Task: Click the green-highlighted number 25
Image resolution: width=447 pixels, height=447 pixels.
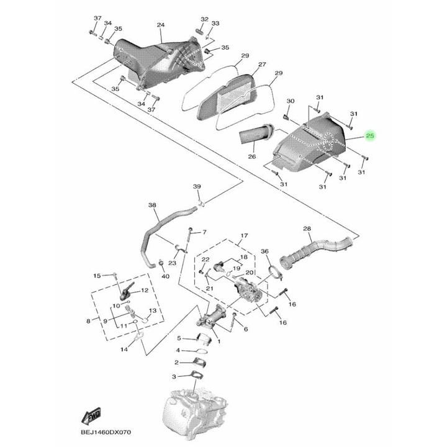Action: (x=370, y=136)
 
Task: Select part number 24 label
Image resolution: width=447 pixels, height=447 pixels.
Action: (x=160, y=25)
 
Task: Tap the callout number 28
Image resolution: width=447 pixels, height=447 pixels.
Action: (x=307, y=229)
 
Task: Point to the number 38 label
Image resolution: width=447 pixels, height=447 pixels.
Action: (x=152, y=205)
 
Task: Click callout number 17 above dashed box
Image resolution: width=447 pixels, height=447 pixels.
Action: (x=244, y=235)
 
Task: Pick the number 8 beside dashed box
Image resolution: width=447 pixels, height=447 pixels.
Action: (x=89, y=321)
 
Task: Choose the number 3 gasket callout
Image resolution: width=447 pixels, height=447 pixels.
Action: (x=175, y=377)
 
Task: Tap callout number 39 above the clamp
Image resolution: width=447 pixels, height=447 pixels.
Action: (x=197, y=187)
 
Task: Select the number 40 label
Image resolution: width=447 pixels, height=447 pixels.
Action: (x=165, y=276)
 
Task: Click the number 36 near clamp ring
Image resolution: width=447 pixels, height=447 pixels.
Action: (x=264, y=251)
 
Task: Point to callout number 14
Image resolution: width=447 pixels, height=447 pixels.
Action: (x=124, y=350)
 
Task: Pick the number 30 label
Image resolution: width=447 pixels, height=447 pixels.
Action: (x=290, y=101)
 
